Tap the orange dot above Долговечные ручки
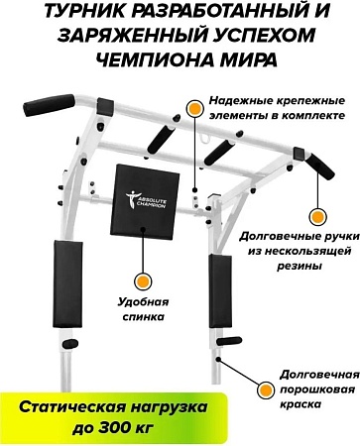[x=314, y=215]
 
